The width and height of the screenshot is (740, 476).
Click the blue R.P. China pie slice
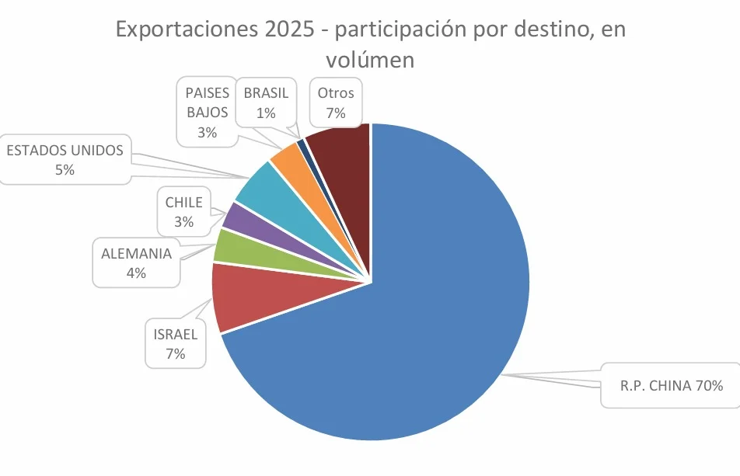(x=435, y=311)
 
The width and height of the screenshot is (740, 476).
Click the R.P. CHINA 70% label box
(x=672, y=385)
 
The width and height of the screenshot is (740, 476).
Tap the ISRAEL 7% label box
(x=175, y=344)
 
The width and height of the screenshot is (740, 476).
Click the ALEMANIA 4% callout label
(x=137, y=262)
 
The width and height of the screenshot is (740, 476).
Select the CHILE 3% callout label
(x=184, y=213)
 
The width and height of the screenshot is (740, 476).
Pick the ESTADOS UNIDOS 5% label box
(x=65, y=160)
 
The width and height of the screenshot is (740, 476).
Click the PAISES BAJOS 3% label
(x=206, y=112)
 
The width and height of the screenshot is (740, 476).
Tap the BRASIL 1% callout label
(x=266, y=102)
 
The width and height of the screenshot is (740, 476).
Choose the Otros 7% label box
(x=336, y=102)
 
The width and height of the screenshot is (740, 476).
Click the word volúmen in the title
(x=370, y=59)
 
